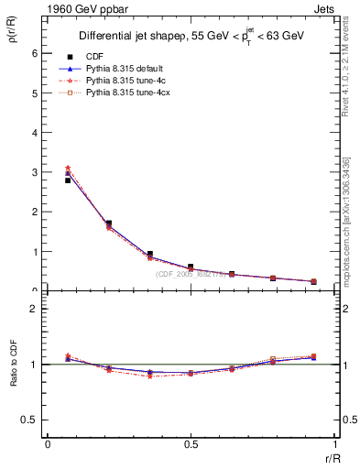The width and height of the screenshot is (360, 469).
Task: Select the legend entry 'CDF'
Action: [95, 56]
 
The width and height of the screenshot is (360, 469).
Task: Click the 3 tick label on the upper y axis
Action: [34, 172]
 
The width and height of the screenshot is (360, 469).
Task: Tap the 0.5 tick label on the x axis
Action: [190, 444]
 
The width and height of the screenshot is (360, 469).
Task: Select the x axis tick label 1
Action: [333, 444]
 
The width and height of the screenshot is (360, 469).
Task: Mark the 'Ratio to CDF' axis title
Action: [14, 376]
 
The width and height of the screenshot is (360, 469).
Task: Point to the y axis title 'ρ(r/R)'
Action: [12, 35]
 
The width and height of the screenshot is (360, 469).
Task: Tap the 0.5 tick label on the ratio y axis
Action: [30, 420]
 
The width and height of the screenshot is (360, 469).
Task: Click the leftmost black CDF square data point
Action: [68, 180]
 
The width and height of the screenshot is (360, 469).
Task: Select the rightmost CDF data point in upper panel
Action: [313, 281]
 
